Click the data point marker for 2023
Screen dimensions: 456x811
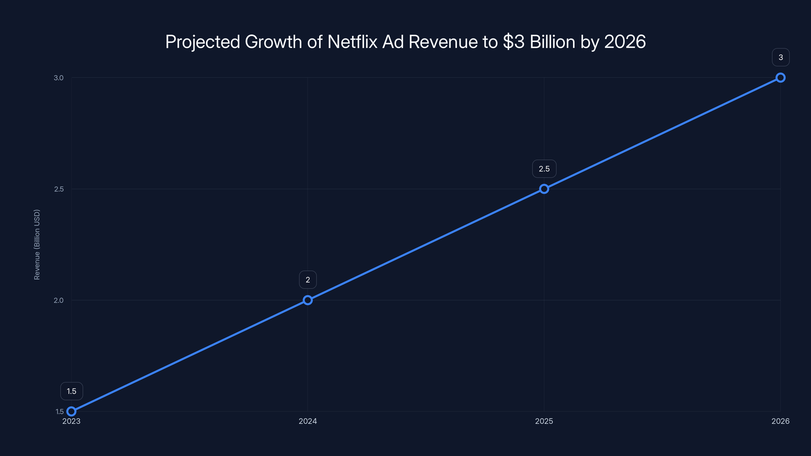71,411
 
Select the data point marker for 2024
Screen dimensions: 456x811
308,300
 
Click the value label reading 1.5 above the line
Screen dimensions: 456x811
71,391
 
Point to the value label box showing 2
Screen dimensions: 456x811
308,280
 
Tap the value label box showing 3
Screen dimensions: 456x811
781,57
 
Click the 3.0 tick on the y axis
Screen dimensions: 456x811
59,78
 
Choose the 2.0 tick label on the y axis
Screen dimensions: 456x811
59,300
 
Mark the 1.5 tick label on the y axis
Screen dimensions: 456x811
60,412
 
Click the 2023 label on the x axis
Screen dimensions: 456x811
71,421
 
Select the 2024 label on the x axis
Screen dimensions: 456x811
308,421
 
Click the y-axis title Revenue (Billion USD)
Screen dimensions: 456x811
37,244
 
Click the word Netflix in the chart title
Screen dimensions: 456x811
352,42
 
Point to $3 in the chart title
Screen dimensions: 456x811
513,42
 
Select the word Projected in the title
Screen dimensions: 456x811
202,42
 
